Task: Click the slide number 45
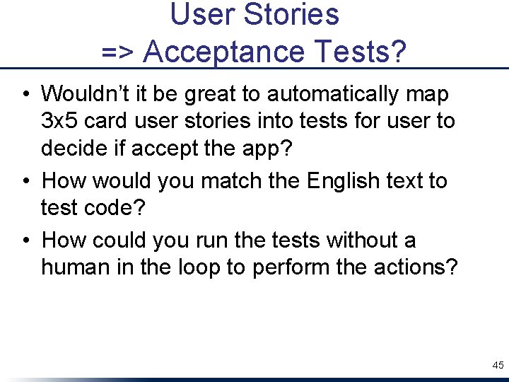click(x=498, y=365)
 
